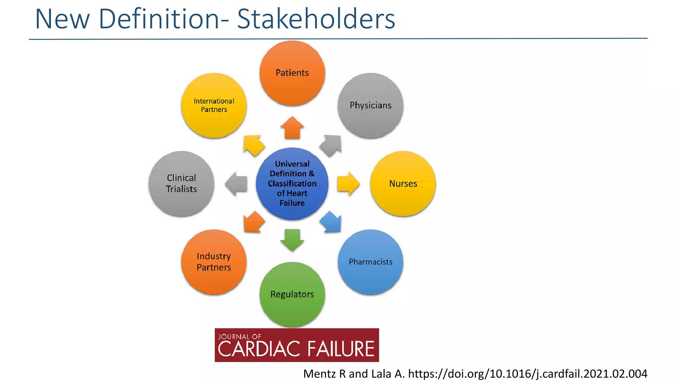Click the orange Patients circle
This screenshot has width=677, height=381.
[292, 73]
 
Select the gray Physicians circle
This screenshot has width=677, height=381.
[370, 106]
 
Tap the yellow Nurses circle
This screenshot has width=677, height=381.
[403, 184]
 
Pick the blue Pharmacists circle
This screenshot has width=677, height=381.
[370, 262]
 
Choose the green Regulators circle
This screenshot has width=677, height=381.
[292, 294]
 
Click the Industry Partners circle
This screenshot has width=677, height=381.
[214, 262]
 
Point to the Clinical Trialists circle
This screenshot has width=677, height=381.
[181, 184]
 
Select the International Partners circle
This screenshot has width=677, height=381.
[214, 106]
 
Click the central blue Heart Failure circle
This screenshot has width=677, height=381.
[292, 184]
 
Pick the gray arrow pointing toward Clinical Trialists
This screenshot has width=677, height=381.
[237, 184]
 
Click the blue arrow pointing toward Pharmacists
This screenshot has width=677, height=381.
[331, 222]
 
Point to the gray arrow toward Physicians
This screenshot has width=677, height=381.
[331, 145]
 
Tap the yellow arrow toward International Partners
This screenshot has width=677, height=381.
[253, 145]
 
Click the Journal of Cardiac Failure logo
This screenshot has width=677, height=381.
[297, 345]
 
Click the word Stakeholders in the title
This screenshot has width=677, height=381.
[316, 19]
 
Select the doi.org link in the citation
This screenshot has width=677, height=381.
[527, 374]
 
